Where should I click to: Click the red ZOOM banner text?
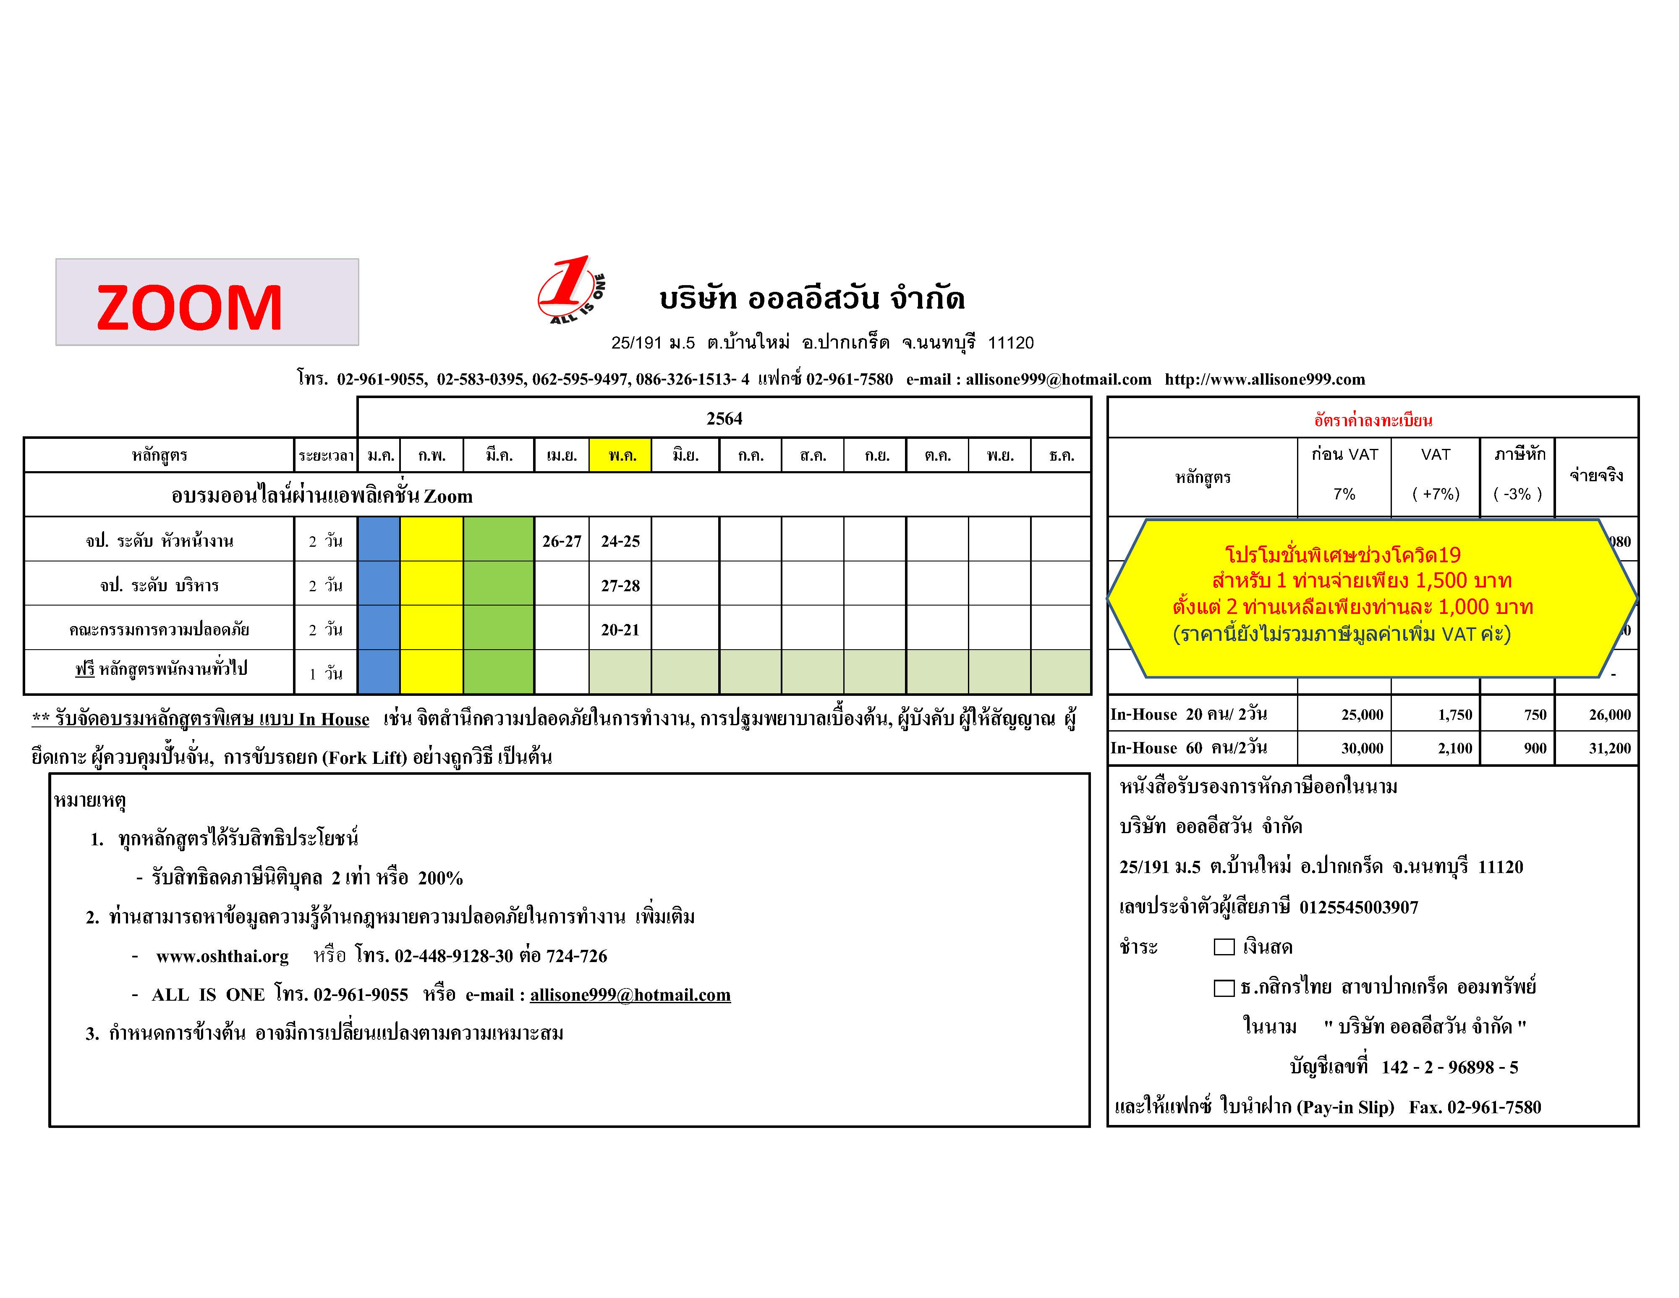click(x=190, y=307)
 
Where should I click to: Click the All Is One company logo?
click(x=570, y=291)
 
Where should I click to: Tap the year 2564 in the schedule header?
click(x=724, y=418)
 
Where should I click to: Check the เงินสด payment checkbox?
click(x=1224, y=947)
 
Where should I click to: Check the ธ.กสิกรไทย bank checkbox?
click(x=1224, y=987)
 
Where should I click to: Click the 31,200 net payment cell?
click(x=1609, y=748)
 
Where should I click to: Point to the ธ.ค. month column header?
click(x=1061, y=455)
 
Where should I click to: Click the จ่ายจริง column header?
click(x=1596, y=475)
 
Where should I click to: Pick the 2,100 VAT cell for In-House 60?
click(x=1454, y=748)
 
